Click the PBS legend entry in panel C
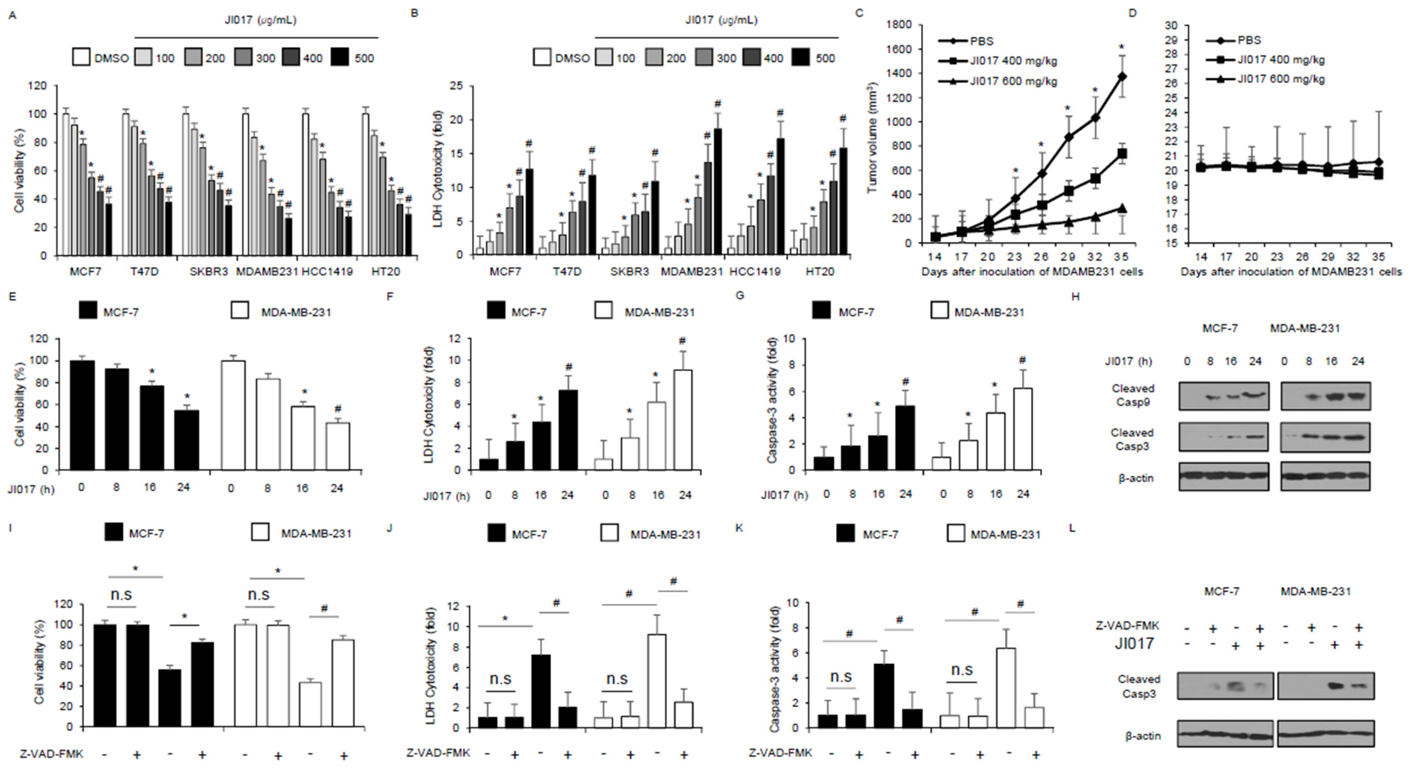point(981,41)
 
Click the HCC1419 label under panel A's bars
point(327,271)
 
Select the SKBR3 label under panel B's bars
point(630,271)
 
